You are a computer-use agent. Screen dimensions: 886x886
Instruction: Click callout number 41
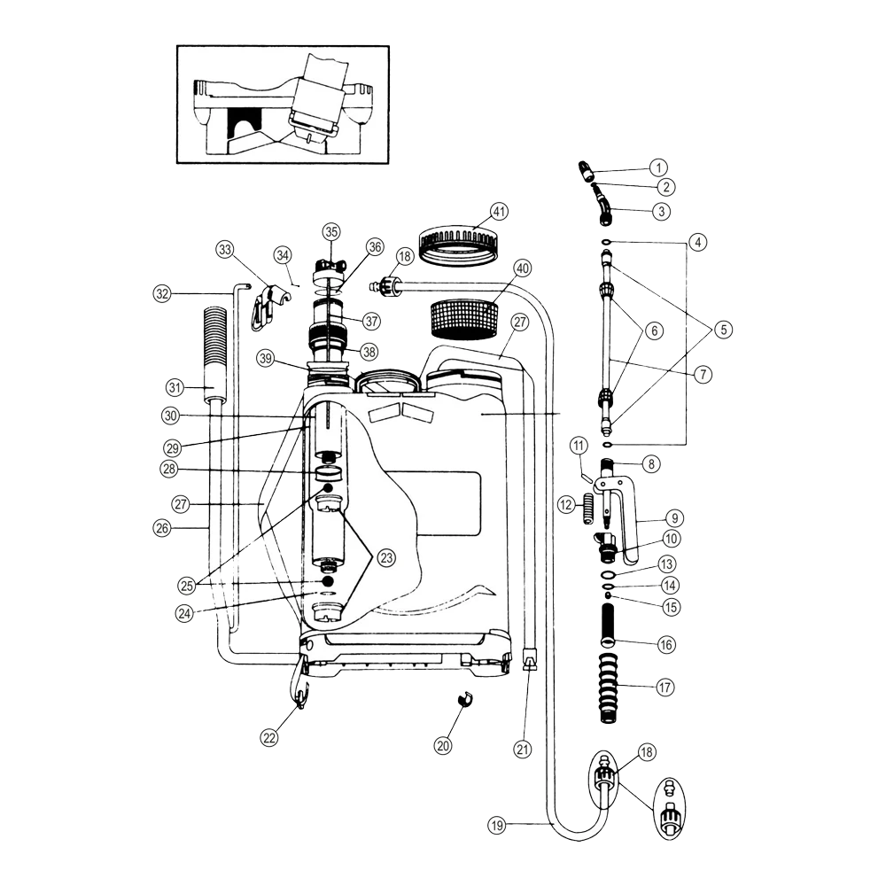click(x=501, y=212)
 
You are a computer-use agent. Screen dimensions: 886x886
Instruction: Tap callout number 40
click(x=522, y=268)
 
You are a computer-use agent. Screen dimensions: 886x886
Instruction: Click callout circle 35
click(x=330, y=231)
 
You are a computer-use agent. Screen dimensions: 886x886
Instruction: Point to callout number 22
click(x=269, y=736)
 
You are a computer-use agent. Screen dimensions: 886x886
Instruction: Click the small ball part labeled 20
click(x=462, y=700)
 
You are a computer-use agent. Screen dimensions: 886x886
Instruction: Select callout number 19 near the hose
click(x=497, y=825)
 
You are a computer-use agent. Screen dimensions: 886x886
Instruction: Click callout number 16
click(x=666, y=644)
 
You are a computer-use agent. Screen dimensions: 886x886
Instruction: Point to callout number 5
click(x=724, y=330)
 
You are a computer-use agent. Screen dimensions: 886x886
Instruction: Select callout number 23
click(x=385, y=557)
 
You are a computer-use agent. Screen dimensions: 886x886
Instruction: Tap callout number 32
click(x=161, y=292)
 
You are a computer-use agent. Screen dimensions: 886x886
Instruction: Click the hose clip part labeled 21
click(x=530, y=663)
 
